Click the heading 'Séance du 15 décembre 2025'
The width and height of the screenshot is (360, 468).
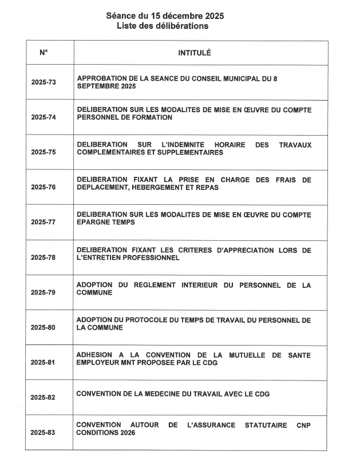[x=165, y=16]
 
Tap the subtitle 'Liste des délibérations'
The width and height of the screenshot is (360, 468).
[x=165, y=26]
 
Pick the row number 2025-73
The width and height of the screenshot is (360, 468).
[x=43, y=82]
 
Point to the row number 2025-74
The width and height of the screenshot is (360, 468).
[x=43, y=117]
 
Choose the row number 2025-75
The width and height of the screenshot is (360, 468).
[x=43, y=152]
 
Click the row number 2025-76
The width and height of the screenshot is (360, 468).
[x=43, y=187]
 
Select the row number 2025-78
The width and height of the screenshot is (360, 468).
[x=43, y=257]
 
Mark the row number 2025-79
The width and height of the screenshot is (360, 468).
[x=43, y=292]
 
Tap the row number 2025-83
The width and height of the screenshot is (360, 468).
[x=43, y=433]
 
